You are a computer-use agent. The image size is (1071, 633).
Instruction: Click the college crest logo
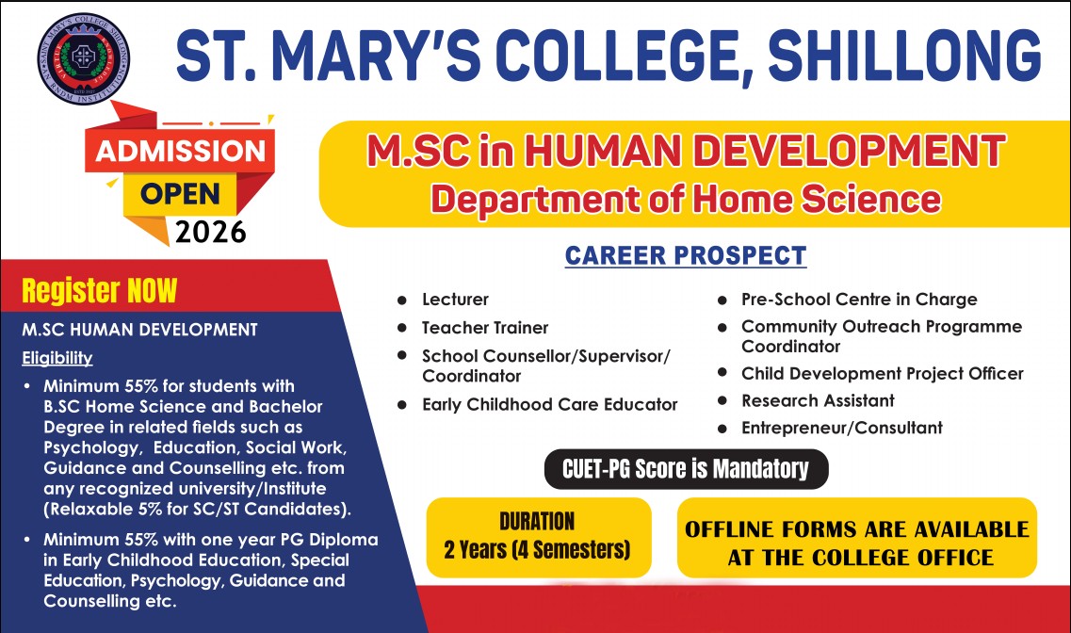tap(83, 58)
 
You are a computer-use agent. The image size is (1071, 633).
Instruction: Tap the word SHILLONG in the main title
tap(905, 56)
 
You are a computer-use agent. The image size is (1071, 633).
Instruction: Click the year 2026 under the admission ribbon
tap(210, 232)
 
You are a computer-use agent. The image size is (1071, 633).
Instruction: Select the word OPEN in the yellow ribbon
tap(180, 194)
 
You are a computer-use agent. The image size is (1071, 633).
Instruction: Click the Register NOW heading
tap(100, 291)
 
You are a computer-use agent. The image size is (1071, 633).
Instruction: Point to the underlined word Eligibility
tap(57, 358)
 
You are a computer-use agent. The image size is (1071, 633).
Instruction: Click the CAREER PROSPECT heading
tap(686, 255)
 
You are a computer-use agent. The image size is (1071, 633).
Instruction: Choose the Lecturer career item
tap(456, 300)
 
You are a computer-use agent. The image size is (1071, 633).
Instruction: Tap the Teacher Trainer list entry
tap(485, 328)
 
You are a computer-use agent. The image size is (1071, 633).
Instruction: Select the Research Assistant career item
tap(818, 400)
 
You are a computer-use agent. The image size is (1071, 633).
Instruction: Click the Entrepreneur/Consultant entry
tap(842, 429)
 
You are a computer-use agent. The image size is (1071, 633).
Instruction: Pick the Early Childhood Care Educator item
tap(550, 405)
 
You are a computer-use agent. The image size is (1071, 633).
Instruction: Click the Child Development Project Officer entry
tap(883, 374)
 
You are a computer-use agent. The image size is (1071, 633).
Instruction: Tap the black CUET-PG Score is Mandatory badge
tap(686, 469)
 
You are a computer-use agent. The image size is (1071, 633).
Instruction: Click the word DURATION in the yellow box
tap(537, 522)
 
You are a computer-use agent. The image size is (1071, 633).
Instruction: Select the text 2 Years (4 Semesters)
tap(537, 550)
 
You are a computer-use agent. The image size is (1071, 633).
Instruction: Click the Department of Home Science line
tap(686, 200)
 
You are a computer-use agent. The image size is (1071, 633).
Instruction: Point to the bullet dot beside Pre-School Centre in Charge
tap(722, 300)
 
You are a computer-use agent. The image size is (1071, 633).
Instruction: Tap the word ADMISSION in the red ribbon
tap(180, 151)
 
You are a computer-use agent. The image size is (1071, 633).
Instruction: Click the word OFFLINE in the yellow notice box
tap(730, 529)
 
